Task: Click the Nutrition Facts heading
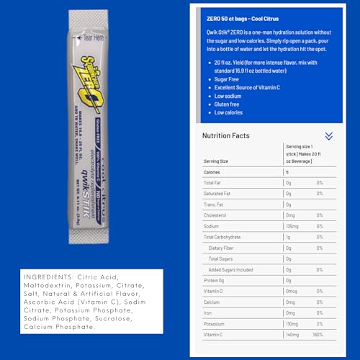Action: pos(225,135)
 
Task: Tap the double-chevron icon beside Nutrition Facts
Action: pos(329,135)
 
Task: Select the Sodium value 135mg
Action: pos(293,225)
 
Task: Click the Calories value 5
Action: pos(287,172)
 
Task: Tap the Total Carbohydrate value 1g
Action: pos(289,236)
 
